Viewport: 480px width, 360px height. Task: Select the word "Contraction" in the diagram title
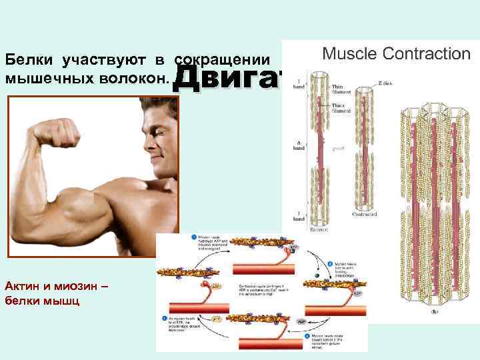tap(428, 53)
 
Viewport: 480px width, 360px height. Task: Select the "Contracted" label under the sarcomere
tap(365, 214)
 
